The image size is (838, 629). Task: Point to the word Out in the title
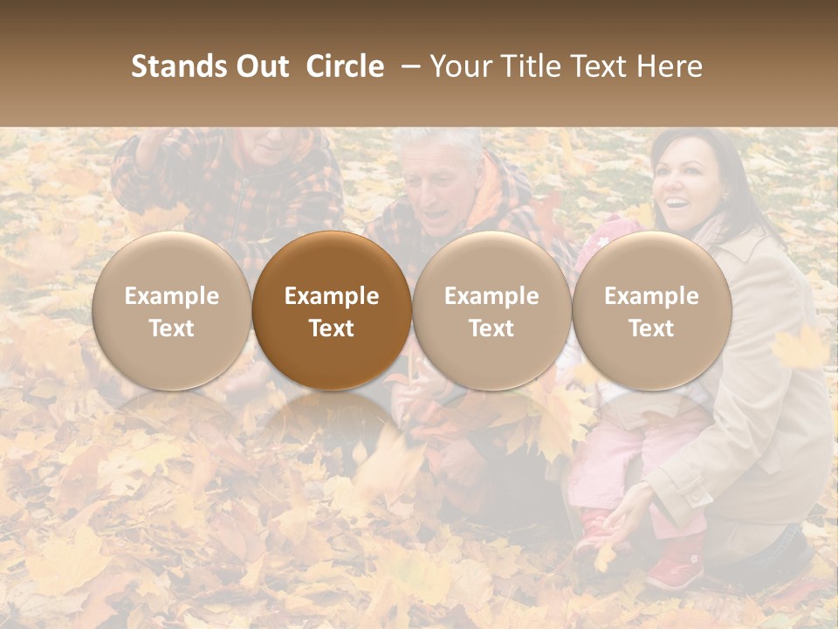point(262,66)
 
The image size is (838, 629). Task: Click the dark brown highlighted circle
point(332,311)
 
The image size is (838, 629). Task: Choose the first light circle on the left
point(171,311)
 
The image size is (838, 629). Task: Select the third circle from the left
point(491,311)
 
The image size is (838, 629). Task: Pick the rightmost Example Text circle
point(651,311)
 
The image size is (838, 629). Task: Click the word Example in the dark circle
point(332,296)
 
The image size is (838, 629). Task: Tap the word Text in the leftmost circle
point(171,328)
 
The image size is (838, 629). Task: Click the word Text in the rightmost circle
point(651,328)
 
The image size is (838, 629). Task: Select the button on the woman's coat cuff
point(697,494)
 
